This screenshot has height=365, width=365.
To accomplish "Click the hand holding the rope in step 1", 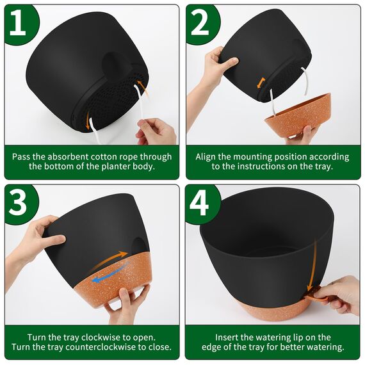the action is [156, 131].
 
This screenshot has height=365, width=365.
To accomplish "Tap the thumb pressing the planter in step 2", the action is [231, 62].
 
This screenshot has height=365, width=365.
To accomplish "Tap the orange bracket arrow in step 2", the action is [261, 83].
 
